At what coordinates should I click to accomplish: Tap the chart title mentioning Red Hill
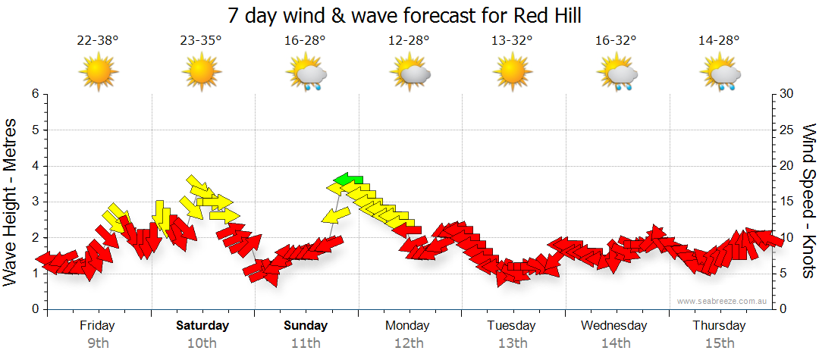(x=409, y=15)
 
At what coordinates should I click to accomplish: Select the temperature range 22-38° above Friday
(x=98, y=40)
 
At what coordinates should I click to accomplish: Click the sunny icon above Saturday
(x=201, y=74)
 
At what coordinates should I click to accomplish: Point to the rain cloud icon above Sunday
(x=306, y=74)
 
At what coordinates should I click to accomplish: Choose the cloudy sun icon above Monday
(x=409, y=74)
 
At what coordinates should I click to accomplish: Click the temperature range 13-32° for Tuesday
(x=512, y=40)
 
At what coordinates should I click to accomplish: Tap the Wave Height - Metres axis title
(x=12, y=202)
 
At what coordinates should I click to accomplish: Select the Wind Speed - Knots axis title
(x=807, y=202)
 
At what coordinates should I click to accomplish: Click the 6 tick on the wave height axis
(x=34, y=94)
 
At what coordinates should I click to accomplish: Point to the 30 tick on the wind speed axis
(x=786, y=94)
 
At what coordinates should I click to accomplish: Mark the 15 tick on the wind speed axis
(x=786, y=202)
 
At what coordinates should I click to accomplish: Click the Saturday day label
(x=202, y=326)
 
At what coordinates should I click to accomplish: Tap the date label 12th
(x=409, y=343)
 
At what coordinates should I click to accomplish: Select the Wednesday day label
(x=614, y=326)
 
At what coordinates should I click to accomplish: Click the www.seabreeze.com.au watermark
(x=723, y=301)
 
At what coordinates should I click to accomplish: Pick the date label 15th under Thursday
(x=719, y=343)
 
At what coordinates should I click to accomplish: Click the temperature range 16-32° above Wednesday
(x=615, y=40)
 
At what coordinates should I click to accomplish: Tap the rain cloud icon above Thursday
(x=720, y=74)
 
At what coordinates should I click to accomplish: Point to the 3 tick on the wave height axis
(x=34, y=202)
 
